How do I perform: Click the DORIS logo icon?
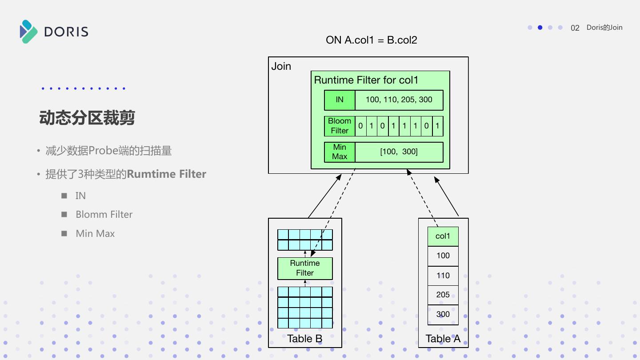point(29,32)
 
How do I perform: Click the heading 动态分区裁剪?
point(87,118)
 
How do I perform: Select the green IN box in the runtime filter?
point(340,100)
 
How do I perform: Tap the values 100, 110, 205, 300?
point(399,100)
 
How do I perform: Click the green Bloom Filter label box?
point(340,126)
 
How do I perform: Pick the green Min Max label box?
point(340,152)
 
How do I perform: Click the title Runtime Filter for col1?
point(366,80)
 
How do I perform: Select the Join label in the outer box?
point(281,67)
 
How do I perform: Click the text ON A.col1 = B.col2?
point(372,40)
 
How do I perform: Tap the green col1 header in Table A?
point(443,236)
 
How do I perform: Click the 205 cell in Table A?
point(443,295)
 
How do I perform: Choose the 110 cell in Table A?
point(443,276)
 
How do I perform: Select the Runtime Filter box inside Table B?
point(305,268)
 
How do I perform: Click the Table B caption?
point(305,339)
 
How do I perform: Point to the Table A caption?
point(443,339)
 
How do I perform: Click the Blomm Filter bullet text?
point(104,215)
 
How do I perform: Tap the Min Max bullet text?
point(95,234)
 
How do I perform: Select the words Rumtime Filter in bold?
point(167,174)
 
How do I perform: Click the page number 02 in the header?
point(575,28)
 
